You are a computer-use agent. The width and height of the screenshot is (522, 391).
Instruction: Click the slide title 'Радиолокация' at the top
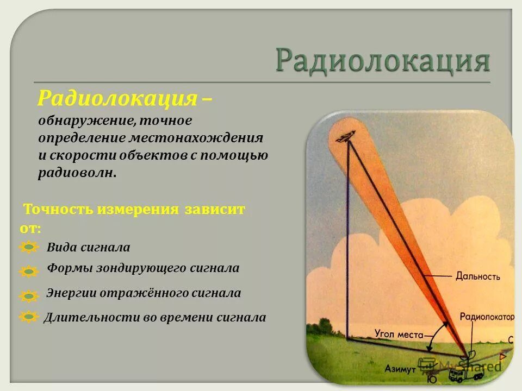(383, 60)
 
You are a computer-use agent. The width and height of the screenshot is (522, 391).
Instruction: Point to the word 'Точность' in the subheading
(59, 210)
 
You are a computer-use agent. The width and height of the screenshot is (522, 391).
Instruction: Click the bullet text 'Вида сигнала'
(89, 248)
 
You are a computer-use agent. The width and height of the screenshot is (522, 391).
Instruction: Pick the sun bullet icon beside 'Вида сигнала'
(28, 248)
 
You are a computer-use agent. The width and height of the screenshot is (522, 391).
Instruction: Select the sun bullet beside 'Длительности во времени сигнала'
(28, 317)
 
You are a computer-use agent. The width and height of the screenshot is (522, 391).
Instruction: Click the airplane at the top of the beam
(345, 137)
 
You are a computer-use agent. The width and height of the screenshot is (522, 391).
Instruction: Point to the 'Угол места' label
(399, 333)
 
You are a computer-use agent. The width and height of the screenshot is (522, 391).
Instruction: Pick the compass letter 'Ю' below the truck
(432, 380)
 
